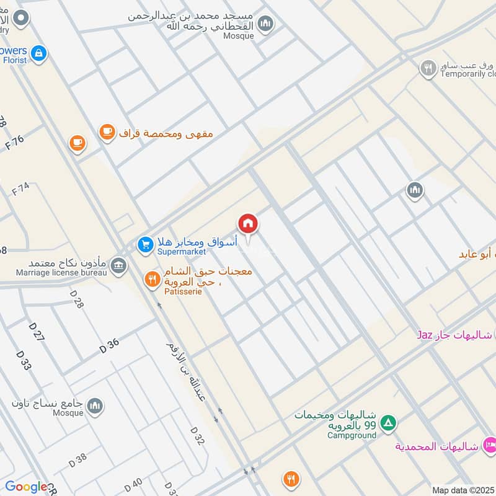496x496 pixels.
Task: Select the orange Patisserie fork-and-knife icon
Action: pos(152,280)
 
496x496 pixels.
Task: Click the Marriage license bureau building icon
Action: pos(119,267)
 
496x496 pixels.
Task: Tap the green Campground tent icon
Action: pos(388,424)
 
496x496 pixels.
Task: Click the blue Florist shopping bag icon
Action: pos(39,53)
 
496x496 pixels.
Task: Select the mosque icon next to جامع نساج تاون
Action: pos(94,406)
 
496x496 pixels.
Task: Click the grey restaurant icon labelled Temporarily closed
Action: pos(428,68)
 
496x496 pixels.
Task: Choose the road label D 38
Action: pos(78,459)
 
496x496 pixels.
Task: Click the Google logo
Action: pos(25,487)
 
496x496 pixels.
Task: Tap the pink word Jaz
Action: pos(424,335)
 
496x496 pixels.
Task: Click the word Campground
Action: pos(352,435)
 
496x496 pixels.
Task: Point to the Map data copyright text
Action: pos(462,490)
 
